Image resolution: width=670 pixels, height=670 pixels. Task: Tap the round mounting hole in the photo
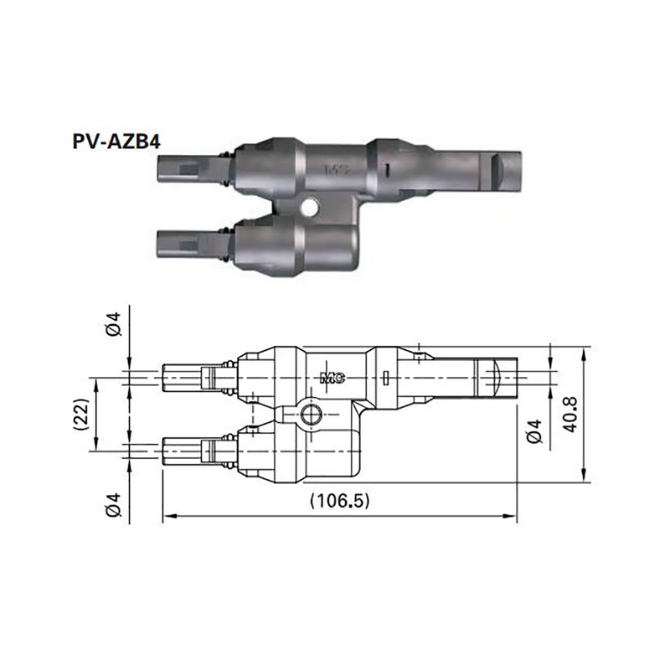point(311,206)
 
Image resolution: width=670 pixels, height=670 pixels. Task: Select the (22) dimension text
point(80,413)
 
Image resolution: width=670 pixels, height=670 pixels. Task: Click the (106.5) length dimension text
point(339,500)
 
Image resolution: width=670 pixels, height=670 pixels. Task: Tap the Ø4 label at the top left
point(116,324)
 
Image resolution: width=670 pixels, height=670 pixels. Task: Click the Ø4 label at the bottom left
point(116,505)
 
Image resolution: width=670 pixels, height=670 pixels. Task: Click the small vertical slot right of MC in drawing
point(384,378)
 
